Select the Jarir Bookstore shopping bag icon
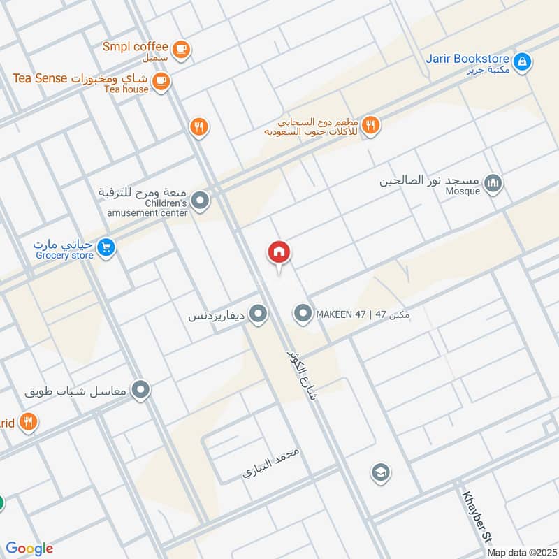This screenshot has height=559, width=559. (521, 63)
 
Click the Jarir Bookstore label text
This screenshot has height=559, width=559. (467, 59)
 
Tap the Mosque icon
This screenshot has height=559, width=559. (494, 184)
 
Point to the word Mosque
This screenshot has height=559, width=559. (463, 191)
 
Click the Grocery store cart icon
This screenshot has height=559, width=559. (106, 247)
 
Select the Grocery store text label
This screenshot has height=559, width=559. (65, 256)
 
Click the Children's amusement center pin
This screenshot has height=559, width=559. (201, 202)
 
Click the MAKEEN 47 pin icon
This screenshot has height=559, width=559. (303, 314)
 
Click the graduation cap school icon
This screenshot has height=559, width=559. (381, 472)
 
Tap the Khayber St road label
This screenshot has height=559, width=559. (475, 517)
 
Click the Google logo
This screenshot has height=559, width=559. (29, 549)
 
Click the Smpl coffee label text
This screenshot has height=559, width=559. (136, 47)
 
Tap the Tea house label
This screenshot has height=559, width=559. (126, 89)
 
